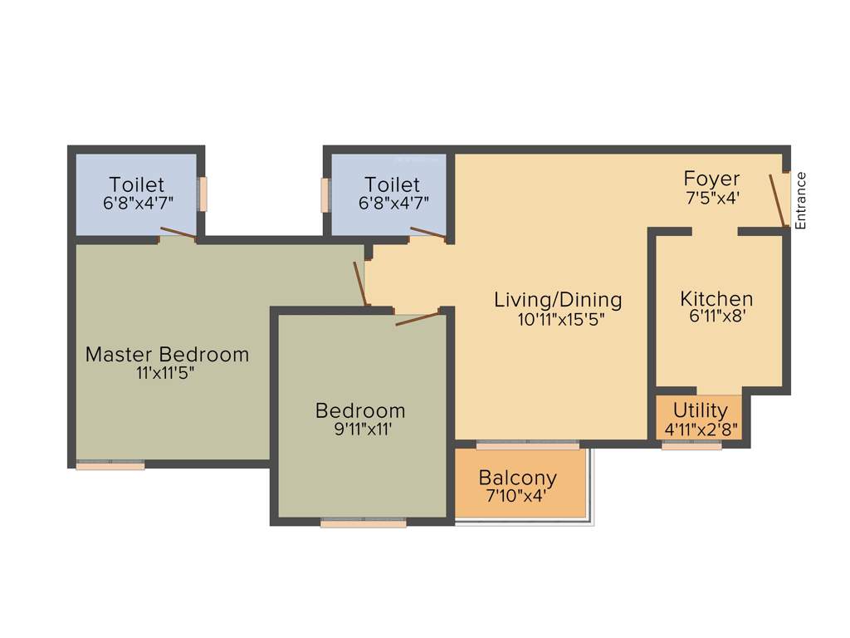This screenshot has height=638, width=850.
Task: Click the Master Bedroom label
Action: [167, 355]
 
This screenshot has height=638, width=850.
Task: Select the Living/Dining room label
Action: [557, 300]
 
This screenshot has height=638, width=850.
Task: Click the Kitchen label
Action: [716, 298]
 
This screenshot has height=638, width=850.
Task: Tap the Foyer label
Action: [711, 179]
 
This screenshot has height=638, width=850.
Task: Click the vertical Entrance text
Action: [800, 200]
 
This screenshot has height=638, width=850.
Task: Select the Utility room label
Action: [701, 410]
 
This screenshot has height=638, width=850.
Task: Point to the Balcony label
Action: [517, 478]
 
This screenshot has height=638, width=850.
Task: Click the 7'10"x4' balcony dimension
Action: [517, 497]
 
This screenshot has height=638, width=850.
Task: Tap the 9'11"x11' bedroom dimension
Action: [360, 429]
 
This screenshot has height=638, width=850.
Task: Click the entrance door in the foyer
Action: [777, 200]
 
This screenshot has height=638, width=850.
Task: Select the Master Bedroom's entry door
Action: [359, 283]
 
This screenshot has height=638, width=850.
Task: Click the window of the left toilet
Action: [202, 194]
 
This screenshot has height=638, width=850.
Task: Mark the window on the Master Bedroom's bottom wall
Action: [110, 466]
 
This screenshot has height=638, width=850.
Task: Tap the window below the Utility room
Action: [691, 446]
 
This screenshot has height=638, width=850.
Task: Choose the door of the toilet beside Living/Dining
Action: [428, 233]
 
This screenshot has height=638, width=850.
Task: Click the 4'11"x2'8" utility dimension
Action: [701, 429]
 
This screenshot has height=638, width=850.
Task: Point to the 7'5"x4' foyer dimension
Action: [711, 198]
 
